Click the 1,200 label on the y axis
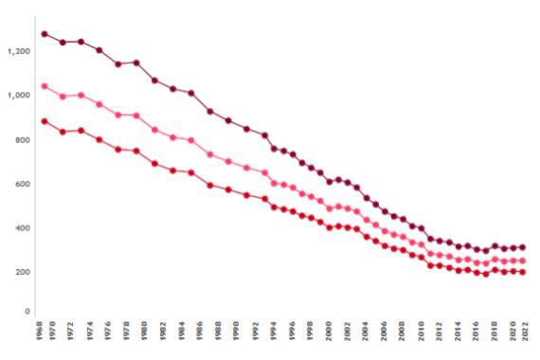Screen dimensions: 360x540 [18, 51]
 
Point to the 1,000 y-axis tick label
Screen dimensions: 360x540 [18, 96]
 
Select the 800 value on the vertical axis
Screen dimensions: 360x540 [22, 140]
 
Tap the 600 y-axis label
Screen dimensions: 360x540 [22, 184]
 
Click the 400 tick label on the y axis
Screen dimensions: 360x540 [22, 228]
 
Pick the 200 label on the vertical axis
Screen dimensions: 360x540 [22, 273]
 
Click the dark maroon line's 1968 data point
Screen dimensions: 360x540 [44, 34]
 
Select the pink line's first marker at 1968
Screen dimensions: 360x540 [44, 86]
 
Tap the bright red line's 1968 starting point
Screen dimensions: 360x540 [44, 121]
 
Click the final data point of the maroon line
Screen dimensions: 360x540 [522, 247]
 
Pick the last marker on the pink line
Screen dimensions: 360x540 [522, 261]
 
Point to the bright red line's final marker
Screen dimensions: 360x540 [522, 272]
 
